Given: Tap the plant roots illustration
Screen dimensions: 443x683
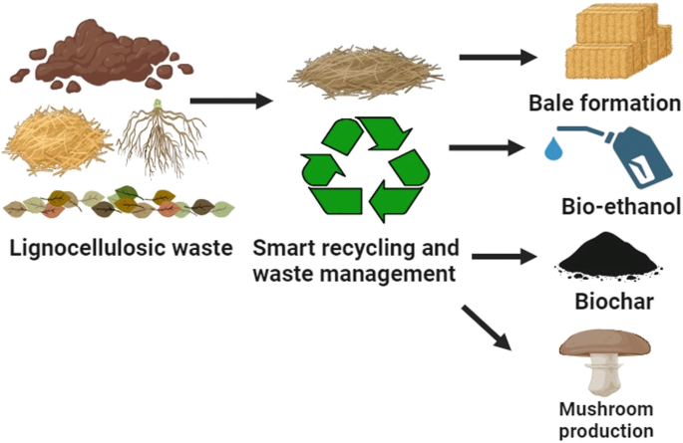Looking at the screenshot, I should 160,140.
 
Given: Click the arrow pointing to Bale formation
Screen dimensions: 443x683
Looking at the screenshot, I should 497,58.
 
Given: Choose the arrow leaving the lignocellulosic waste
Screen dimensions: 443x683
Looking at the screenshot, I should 230,100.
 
